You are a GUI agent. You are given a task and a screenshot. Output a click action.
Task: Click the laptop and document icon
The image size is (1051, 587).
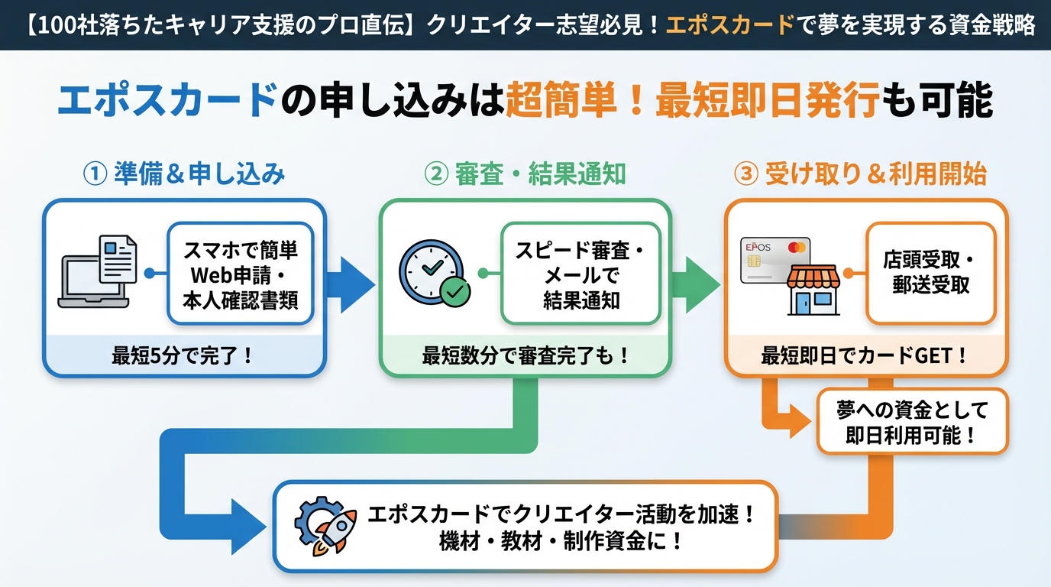[x=98, y=271]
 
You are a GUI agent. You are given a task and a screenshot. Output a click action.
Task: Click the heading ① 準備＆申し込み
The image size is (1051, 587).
[x=183, y=174]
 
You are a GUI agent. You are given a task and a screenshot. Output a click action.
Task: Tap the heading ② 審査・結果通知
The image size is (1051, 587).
[x=525, y=174]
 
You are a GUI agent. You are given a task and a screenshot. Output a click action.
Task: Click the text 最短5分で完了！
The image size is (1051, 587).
[x=183, y=355]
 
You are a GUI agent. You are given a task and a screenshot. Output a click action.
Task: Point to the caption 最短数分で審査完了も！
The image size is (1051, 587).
[x=525, y=355]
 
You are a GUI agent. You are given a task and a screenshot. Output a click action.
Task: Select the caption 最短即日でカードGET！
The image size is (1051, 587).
[x=865, y=355]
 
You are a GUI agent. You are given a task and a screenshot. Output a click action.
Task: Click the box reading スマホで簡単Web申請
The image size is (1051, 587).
[x=240, y=274]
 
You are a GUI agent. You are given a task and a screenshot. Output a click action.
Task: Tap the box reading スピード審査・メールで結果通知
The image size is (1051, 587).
[x=580, y=274]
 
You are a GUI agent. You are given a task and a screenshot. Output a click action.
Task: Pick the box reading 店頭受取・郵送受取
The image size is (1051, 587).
[x=930, y=273]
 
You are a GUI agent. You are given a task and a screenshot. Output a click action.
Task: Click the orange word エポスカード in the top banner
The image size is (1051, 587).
[x=730, y=24]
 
